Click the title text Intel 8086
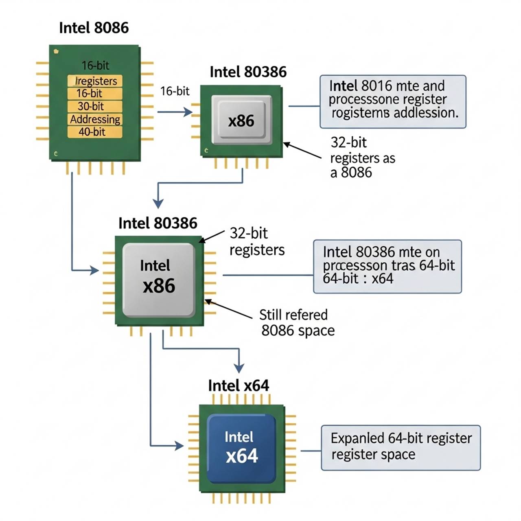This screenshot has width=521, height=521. (94, 28)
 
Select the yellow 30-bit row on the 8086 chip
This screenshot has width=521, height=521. (94, 107)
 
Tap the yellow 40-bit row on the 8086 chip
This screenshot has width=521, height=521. (94, 132)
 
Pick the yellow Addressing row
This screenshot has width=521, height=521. (95, 119)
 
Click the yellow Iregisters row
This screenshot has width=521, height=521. (95, 81)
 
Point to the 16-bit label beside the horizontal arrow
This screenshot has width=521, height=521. (175, 91)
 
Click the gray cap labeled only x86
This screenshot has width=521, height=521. (241, 120)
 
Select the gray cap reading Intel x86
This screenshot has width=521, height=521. (159, 280)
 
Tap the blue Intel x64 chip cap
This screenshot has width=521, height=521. (241, 448)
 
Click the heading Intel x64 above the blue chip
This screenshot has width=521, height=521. (239, 385)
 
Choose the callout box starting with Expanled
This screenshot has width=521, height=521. (401, 448)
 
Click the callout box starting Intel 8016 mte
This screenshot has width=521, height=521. (393, 101)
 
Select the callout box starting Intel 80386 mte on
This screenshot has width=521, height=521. (387, 267)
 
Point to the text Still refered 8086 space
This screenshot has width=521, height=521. (297, 322)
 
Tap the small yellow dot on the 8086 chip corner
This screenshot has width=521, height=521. (56, 51)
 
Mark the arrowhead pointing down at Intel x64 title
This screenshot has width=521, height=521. (239, 368)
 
